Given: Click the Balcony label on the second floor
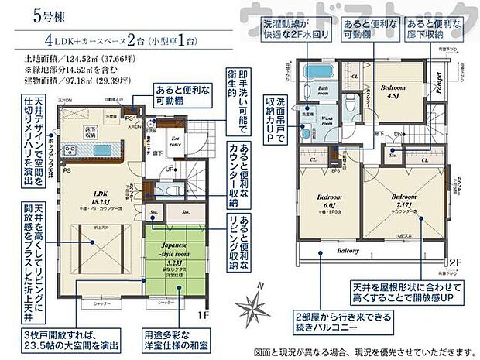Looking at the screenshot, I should (x=348, y=252).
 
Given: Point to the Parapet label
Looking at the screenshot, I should (x=437, y=81).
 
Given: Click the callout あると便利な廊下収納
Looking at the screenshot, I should (x=437, y=31).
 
